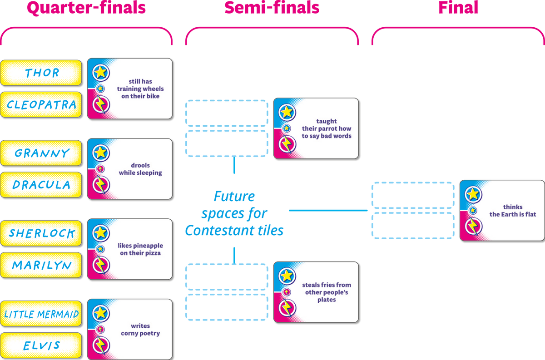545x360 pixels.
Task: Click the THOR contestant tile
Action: pos(41,73)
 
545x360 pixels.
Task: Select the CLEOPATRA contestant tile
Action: pos(41,104)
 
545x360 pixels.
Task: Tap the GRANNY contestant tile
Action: pos(41,153)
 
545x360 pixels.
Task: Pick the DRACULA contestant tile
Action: pos(41,185)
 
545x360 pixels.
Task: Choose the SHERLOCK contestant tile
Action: pos(41,233)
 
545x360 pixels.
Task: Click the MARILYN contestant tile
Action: pos(41,265)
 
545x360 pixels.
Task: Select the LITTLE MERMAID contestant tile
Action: pos(41,314)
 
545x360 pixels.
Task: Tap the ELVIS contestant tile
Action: pos(41,345)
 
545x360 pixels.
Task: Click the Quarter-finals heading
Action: pos(86,8)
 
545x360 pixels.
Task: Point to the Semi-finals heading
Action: pos(272,8)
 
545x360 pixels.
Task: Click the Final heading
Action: pos(458,7)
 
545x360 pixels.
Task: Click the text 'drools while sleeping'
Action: pos(140,169)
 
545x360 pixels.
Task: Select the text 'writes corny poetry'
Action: pos(140,330)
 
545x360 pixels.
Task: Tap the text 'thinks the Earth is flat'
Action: pos(513,211)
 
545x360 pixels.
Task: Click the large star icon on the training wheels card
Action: pos(101,73)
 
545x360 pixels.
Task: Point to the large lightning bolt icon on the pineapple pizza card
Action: pos(101,265)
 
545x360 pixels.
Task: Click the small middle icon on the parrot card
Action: pos(287,128)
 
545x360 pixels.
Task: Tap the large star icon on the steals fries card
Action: pos(287,276)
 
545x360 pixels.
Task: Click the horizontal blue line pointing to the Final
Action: pos(328,210)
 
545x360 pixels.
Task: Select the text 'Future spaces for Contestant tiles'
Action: pos(234,213)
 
